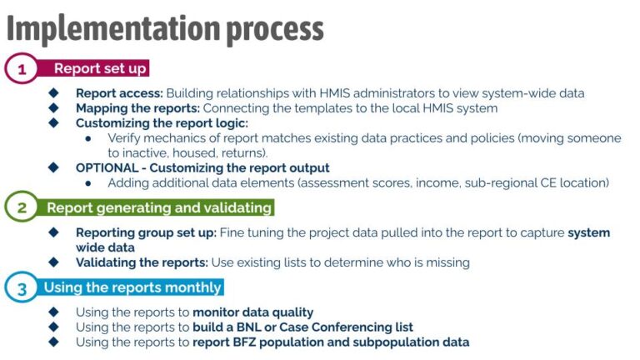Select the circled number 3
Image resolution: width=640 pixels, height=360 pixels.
(21, 289)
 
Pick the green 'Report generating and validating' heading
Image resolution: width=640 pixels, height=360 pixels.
(158, 207)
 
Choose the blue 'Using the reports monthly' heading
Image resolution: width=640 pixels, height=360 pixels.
(132, 287)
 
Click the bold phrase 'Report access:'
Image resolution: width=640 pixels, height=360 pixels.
(119, 93)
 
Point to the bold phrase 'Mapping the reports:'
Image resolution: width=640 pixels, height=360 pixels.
(137, 108)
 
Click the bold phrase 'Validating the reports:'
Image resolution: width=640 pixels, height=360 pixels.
(142, 262)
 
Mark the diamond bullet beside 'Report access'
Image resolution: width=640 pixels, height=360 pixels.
(54, 93)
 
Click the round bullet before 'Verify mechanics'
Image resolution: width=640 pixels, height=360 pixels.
(88, 138)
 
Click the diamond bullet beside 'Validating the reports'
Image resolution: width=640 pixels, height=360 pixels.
(54, 262)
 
